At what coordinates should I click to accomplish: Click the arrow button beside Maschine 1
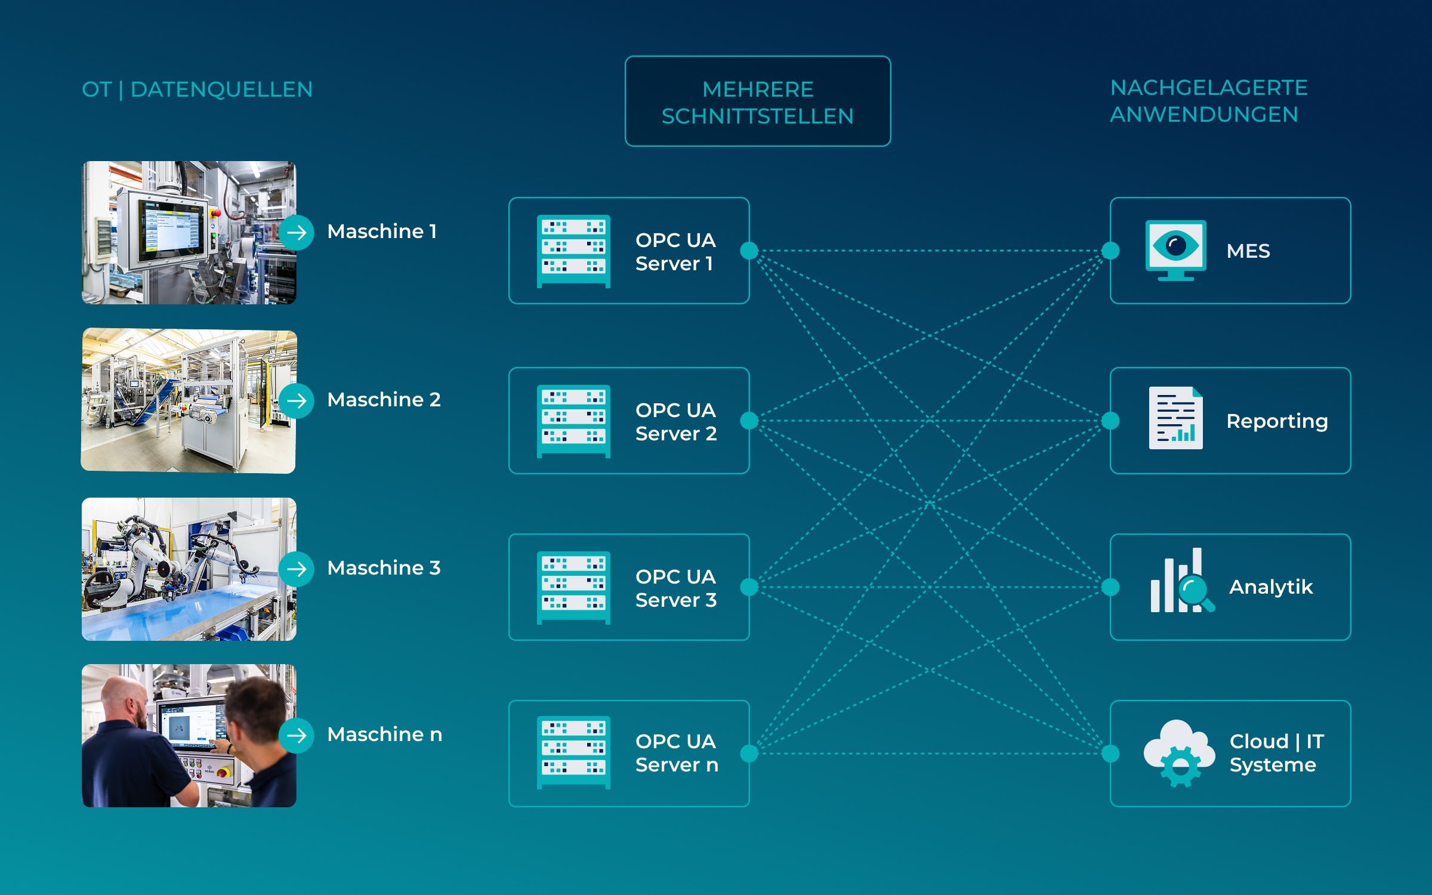point(297,232)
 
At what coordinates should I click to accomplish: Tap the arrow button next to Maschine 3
point(297,569)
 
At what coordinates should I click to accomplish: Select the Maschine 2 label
point(384,399)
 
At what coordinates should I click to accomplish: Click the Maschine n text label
point(385,734)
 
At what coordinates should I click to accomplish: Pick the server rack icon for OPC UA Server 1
point(573,251)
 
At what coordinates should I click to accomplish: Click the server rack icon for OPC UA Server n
point(573,752)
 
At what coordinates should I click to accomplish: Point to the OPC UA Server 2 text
point(676,421)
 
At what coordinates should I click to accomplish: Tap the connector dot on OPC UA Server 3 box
point(749,587)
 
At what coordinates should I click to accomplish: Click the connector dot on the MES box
point(1110,251)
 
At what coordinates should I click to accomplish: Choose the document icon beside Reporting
point(1175,418)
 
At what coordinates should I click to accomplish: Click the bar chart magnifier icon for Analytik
point(1182,581)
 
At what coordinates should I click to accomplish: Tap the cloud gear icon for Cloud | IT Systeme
point(1179,753)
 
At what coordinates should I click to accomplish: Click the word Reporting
point(1277,421)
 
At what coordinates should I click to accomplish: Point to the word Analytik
point(1271,587)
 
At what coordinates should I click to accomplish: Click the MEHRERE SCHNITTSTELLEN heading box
point(758,101)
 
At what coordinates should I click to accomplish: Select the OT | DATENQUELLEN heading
point(197,89)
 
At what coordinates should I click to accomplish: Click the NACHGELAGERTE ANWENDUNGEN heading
point(1209,101)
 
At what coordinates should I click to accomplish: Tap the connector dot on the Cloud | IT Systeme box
point(1110,754)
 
